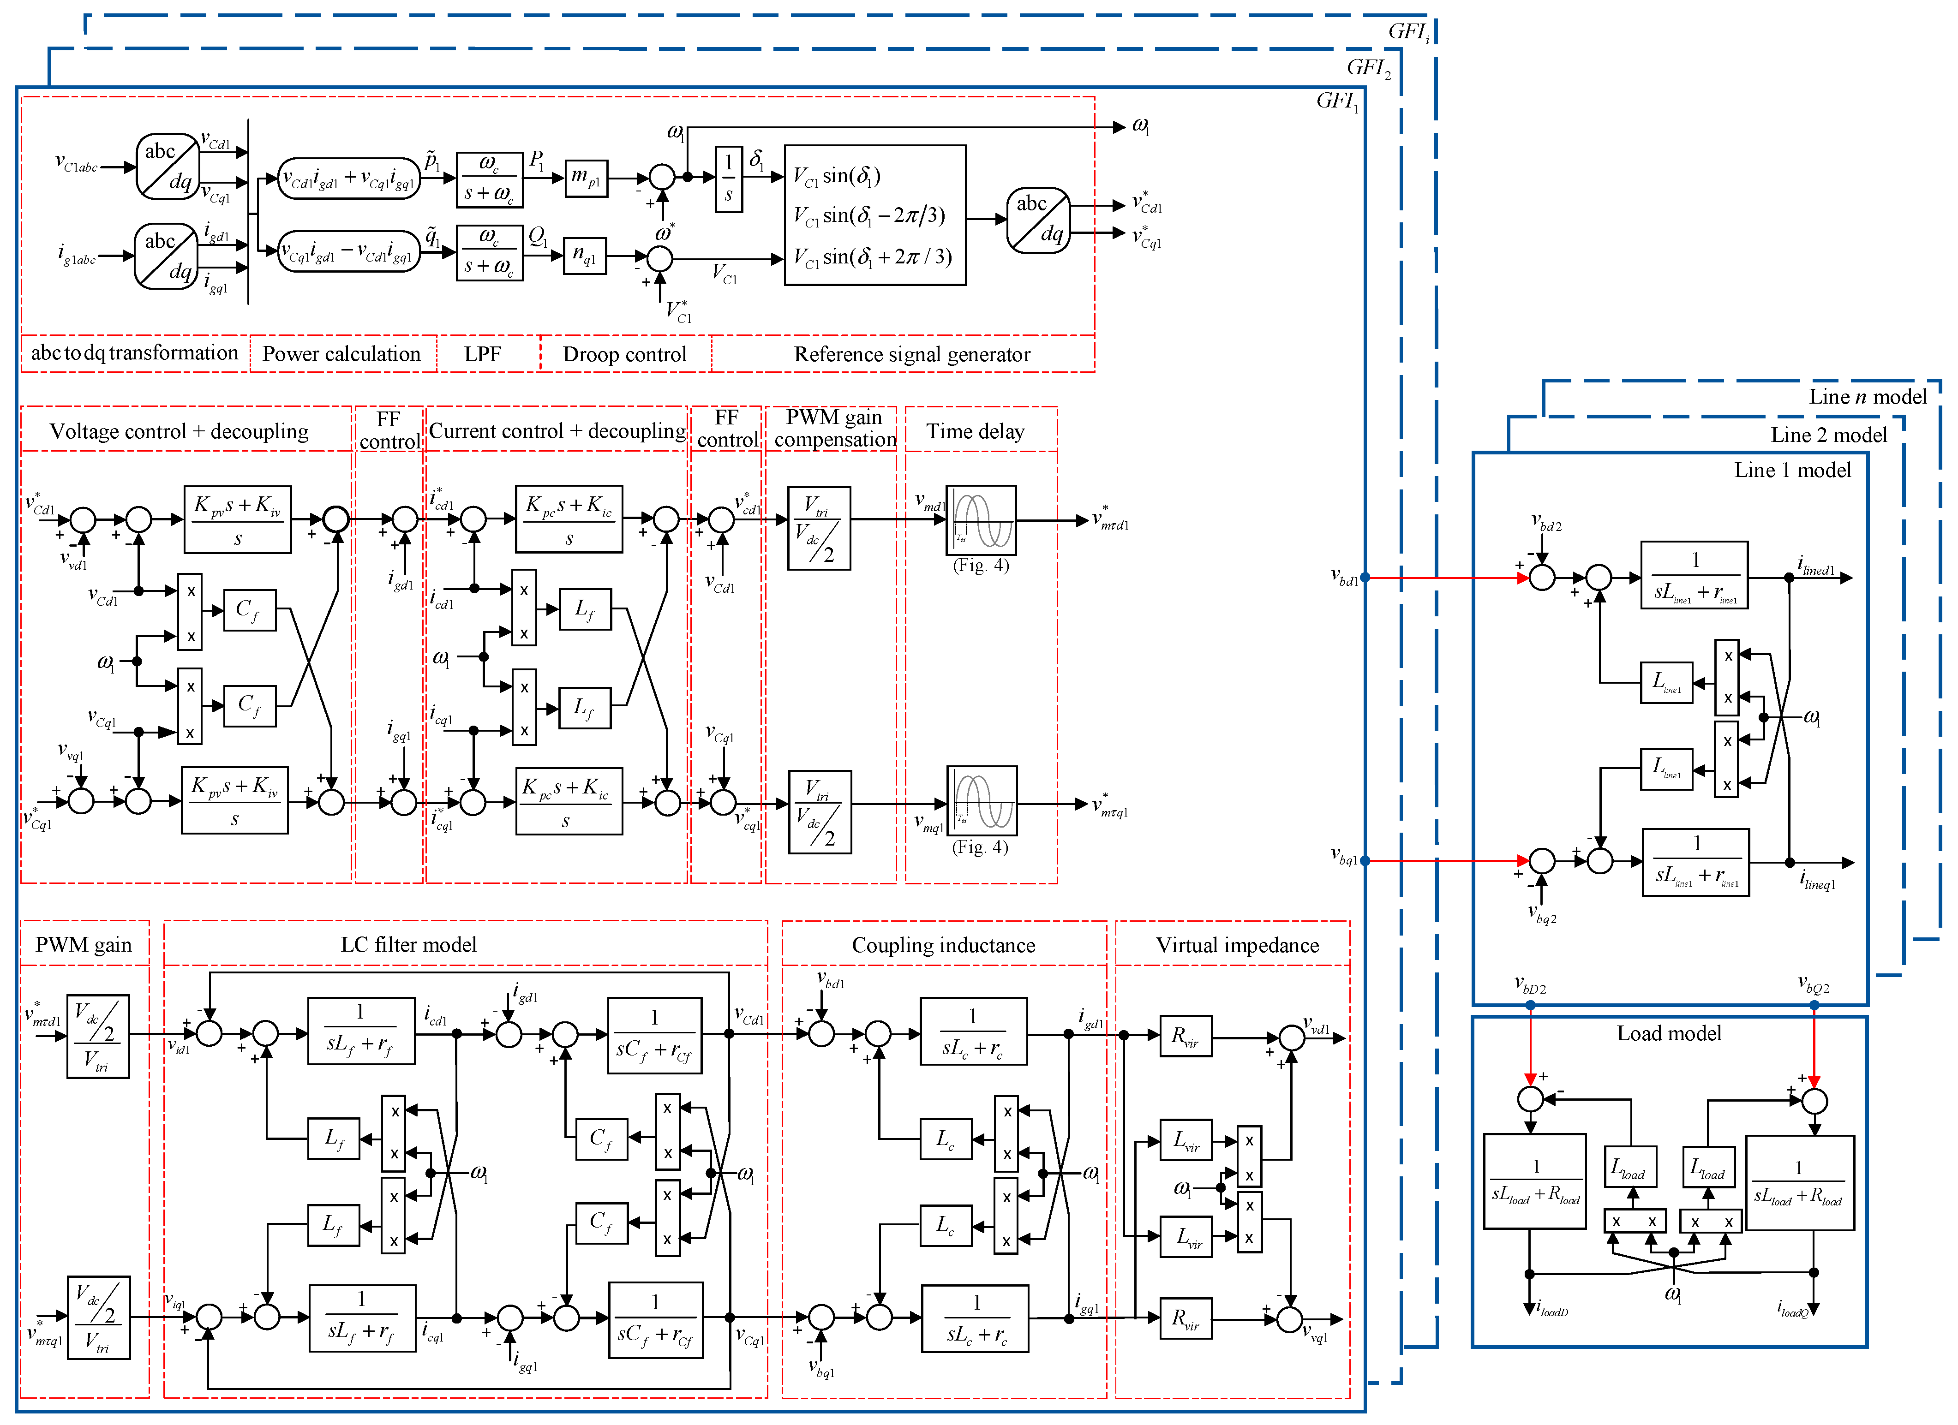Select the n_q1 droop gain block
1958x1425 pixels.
[585, 256]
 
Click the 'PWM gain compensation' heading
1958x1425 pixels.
[835, 428]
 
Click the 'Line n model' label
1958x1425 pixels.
[1868, 397]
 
